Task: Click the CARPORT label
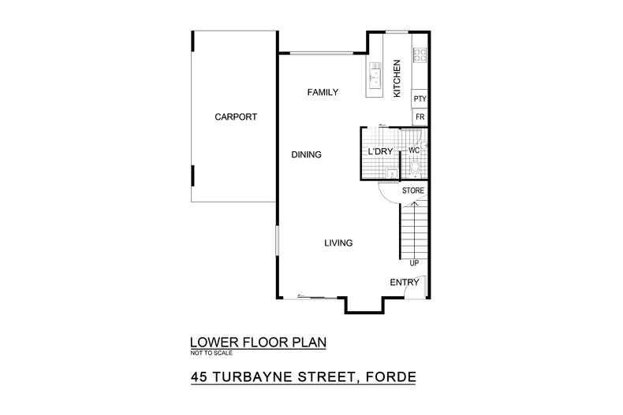236,117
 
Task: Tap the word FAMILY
323,93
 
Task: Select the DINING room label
306,155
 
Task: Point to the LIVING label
338,243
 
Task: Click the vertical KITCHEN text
397,78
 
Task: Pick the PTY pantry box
420,99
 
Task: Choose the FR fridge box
420,117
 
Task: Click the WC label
413,150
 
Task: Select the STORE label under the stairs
413,191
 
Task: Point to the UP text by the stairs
414,262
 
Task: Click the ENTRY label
404,283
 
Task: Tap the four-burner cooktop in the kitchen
420,55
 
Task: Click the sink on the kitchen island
375,77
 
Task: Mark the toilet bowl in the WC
416,166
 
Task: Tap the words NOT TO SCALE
212,354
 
